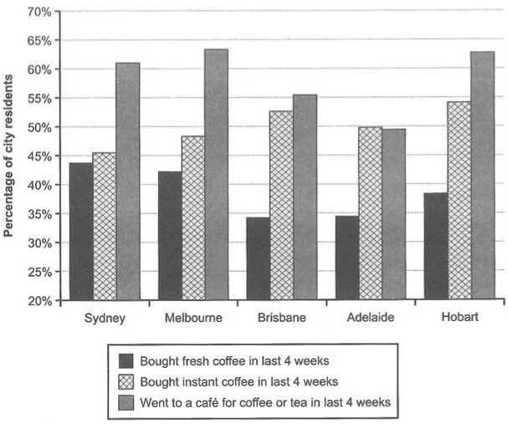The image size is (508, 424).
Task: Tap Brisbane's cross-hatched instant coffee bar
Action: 281,205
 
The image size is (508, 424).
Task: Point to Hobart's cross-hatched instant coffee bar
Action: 459,201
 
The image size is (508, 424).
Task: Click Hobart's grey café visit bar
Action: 482,176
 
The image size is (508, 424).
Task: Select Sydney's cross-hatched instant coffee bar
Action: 105,226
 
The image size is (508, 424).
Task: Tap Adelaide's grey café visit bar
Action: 393,214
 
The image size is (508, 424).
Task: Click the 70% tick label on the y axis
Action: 39,12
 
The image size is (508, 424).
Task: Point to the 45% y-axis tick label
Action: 39,156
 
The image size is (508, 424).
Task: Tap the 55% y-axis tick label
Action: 39,99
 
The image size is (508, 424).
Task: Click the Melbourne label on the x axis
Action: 193,319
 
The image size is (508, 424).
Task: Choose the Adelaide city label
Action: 370,319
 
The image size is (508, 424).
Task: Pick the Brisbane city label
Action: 281,319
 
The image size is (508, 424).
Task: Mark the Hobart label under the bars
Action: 459,319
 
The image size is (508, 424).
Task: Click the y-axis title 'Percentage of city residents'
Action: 9,156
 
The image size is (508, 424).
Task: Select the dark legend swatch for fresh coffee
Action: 127,361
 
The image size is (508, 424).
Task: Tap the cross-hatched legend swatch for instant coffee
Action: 127,382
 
